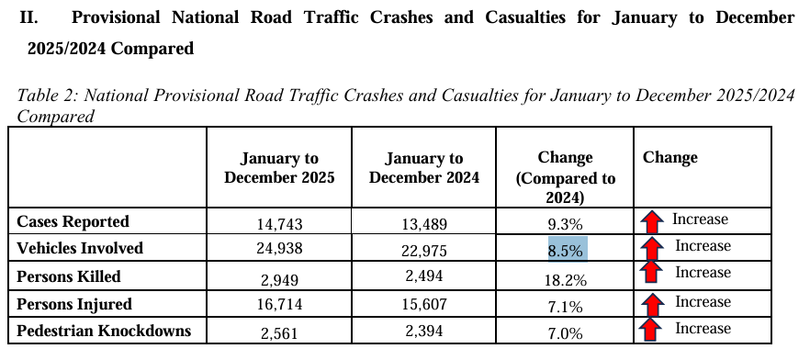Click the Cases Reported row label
[73, 221]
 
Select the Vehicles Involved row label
[81, 248]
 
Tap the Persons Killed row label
[69, 276]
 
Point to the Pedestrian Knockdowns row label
[105, 331]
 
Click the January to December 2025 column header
[279, 168]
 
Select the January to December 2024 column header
[424, 168]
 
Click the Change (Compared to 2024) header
[566, 177]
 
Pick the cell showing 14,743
[279, 223]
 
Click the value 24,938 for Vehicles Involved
[279, 250]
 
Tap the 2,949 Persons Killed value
[279, 278]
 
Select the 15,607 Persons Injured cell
[424, 306]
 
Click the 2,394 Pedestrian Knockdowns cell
[424, 332]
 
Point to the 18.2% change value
[566, 278]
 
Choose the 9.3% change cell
[566, 223]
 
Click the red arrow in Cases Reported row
[652, 221]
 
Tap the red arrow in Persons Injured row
[652, 304]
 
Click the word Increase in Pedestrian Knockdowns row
[703, 329]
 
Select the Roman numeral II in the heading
[28, 17]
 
